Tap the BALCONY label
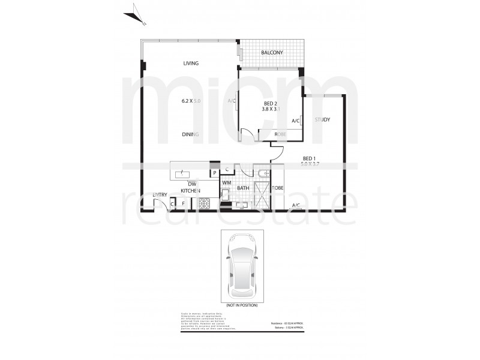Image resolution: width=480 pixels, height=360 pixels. coord(272,53)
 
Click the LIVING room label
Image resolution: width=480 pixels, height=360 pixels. coord(191,63)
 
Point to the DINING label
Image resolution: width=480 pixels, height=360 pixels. coord(191,134)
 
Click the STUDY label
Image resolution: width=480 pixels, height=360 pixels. coord(323,120)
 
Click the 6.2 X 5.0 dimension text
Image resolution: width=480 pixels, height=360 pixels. coord(191,101)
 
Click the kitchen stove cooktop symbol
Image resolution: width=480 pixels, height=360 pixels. coord(204,203)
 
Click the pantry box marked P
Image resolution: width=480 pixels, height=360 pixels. coord(214,173)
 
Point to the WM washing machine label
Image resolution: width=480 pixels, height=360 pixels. coord(227,182)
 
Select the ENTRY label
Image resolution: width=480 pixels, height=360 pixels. coord(160,195)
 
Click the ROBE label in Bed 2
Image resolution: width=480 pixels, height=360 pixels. coord(280,134)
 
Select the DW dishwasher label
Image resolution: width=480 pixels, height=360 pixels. coord(192,184)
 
